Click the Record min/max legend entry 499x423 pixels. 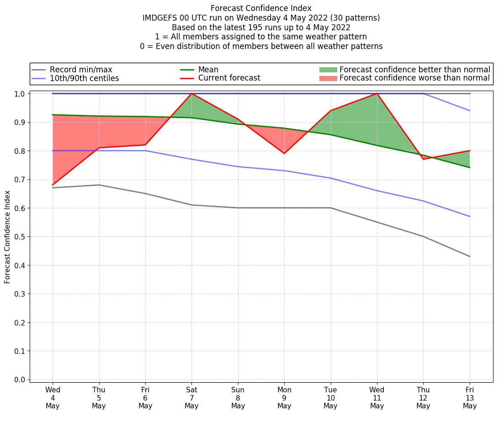click(x=80, y=70)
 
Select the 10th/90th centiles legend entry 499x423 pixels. click(x=84, y=78)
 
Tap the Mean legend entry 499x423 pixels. click(x=208, y=70)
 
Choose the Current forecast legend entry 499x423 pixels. click(x=229, y=78)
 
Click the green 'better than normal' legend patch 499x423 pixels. click(x=328, y=70)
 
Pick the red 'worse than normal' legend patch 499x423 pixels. click(x=328, y=78)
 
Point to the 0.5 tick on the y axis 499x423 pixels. click(x=21, y=237)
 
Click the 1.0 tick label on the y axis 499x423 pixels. click(x=21, y=93)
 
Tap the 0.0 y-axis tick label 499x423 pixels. click(x=21, y=380)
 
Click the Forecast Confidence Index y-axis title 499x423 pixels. click(x=8, y=237)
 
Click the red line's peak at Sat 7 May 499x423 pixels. click(x=191, y=93)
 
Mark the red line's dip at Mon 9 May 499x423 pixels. click(x=284, y=153)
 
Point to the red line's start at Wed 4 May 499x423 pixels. click(x=53, y=185)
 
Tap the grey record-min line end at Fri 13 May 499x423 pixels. click(x=470, y=256)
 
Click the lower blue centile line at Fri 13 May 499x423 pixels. click(x=470, y=217)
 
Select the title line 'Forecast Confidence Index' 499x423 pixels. click(x=261, y=8)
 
